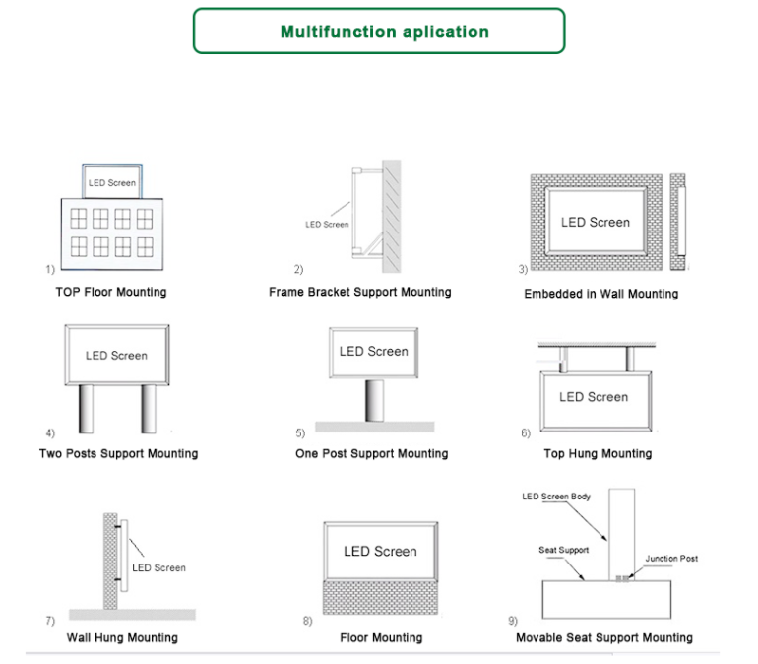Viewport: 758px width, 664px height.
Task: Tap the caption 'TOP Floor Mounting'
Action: point(111,292)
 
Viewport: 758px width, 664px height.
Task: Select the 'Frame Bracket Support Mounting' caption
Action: point(360,292)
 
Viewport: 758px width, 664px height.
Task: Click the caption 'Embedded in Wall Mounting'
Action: point(600,294)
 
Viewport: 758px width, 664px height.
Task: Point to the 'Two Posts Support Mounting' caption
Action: point(118,454)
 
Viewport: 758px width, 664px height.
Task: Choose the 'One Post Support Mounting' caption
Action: point(371,454)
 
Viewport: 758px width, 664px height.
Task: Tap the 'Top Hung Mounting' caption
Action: point(598,454)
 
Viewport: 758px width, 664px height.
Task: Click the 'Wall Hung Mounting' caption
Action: point(122,637)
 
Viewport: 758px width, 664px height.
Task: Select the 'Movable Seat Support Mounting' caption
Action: point(604,637)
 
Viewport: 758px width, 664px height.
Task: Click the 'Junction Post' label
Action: point(671,559)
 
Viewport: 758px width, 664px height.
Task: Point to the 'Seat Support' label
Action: point(564,550)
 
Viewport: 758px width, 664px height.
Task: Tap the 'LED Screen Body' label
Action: point(556,497)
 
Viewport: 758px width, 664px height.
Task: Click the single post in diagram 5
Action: point(375,402)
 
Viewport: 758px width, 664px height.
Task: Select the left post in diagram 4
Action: point(88,408)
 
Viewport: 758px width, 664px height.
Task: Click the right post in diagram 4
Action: point(149,408)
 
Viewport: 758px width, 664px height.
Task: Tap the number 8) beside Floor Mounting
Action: point(307,622)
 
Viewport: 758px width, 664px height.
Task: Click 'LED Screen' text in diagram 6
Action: point(594,397)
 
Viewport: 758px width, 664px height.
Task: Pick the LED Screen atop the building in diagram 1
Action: point(111,182)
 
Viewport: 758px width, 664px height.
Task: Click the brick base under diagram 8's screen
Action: point(380,598)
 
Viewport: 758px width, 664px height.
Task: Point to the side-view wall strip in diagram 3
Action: point(678,223)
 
